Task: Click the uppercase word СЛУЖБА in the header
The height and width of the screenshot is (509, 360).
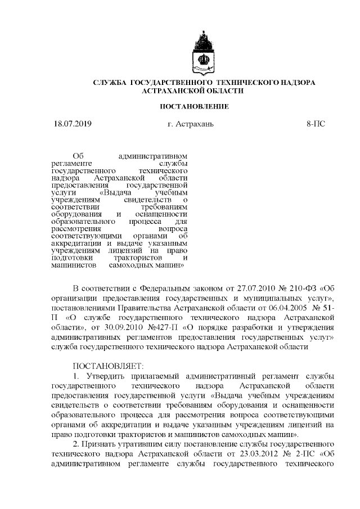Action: click(110, 83)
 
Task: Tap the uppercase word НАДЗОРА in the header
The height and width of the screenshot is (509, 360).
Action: click(292, 83)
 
